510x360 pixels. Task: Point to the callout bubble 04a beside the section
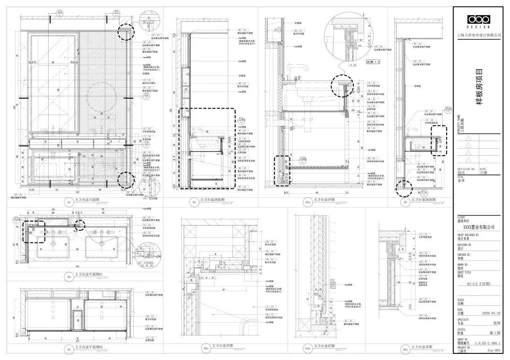tap(242, 120)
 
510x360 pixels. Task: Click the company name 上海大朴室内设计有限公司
tap(478, 35)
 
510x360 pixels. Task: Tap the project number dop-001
tap(493, 352)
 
